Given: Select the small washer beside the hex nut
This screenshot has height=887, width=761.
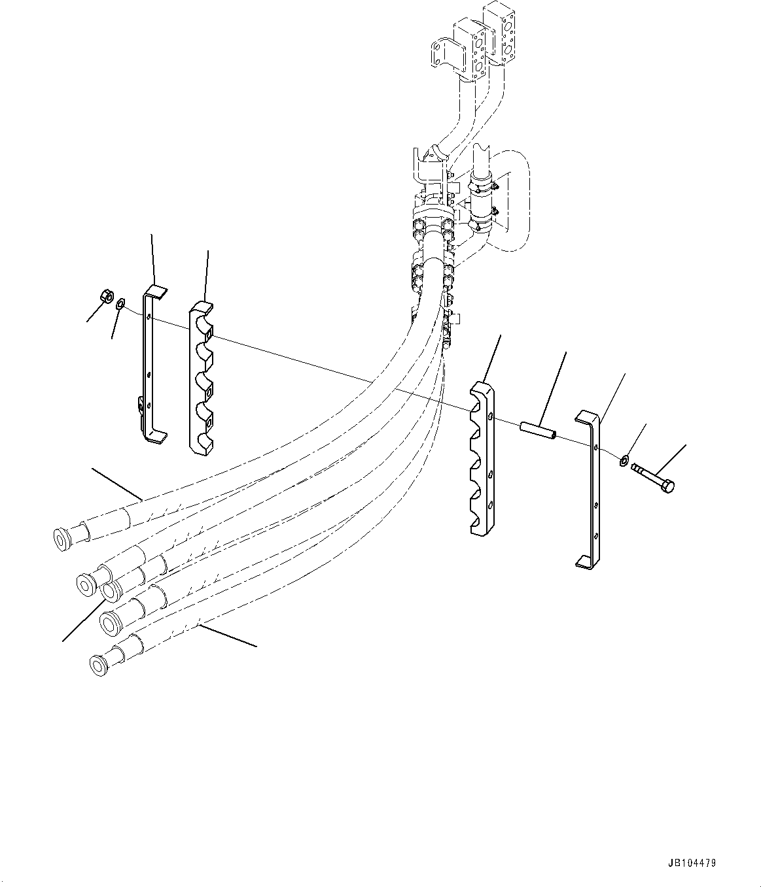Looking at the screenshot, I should click(x=120, y=303).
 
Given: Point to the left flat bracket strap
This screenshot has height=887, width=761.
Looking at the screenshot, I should click(x=149, y=366).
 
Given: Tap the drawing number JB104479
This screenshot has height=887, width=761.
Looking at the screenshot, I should click(x=692, y=863).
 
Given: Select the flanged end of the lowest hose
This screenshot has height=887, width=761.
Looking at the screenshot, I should click(x=97, y=665).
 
